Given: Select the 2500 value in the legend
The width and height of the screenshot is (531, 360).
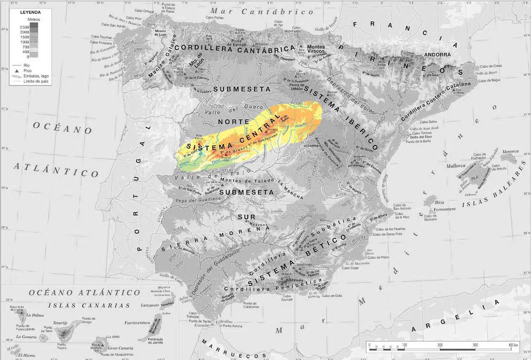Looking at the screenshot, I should pyautogui.click(x=24, y=27).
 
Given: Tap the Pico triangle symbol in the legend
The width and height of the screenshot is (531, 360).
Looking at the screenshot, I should pyautogui.click(x=16, y=71).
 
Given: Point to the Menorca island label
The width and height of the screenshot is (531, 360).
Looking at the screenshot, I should pyautogui.click(x=510, y=151).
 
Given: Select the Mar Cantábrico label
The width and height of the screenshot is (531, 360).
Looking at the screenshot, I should pyautogui.click(x=262, y=11).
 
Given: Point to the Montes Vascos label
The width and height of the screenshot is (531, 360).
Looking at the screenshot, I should pyautogui.click(x=316, y=49).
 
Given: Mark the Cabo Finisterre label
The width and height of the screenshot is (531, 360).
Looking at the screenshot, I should pyautogui.click(x=101, y=43).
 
